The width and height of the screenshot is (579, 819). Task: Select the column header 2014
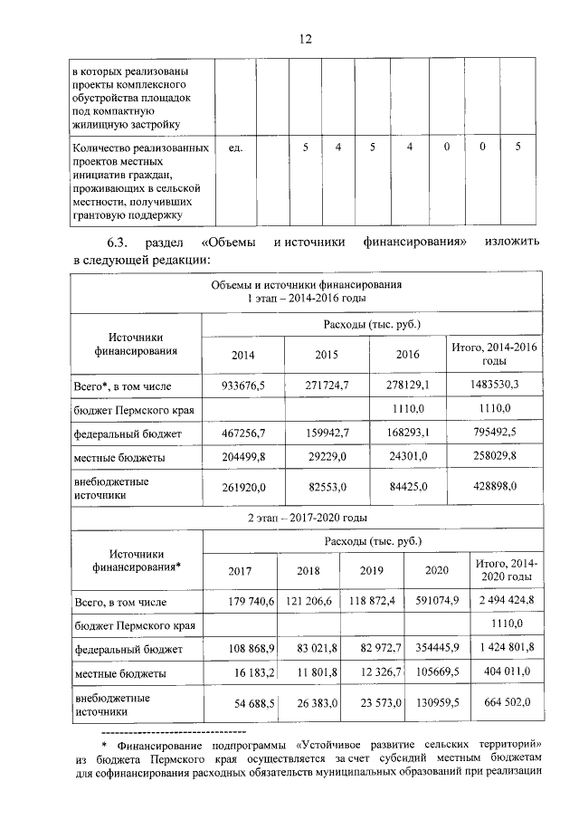243,355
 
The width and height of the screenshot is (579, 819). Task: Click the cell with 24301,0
408,459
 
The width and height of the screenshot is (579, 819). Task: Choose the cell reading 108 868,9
246,650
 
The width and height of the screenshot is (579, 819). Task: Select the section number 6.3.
119,242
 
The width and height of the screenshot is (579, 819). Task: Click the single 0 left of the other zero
446,147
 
